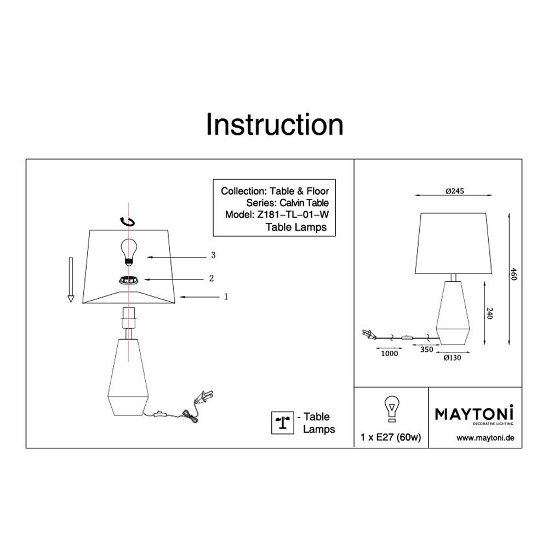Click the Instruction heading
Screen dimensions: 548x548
click(275, 124)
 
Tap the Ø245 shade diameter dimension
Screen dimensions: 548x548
click(455, 191)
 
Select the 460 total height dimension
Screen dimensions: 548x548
click(514, 274)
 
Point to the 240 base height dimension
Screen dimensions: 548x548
click(489, 313)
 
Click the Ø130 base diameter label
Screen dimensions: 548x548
click(452, 357)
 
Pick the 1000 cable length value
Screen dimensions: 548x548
click(389, 353)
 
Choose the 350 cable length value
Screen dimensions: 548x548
click(426, 349)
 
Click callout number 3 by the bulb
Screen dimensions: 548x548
click(213, 255)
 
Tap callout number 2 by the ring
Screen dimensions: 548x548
click(211, 278)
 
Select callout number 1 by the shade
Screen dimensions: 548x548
click(226, 296)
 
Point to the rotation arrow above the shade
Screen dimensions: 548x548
click(128, 222)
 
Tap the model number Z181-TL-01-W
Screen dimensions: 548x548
click(293, 214)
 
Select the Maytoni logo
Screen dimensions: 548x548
click(474, 414)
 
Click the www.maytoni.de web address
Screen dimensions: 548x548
click(486, 437)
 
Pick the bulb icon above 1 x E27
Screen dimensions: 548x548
click(391, 409)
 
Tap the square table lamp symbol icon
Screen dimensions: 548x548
click(283, 423)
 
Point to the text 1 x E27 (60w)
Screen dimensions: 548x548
click(391, 437)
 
